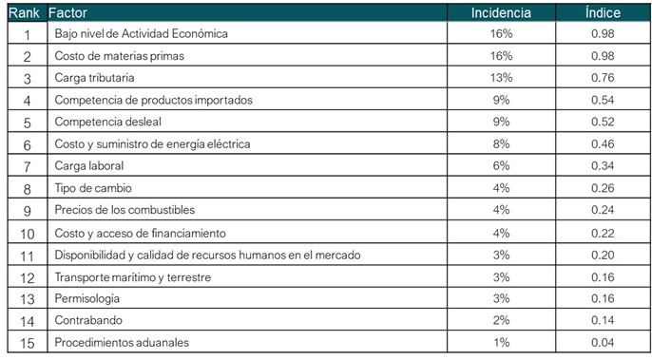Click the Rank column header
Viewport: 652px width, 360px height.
(24, 13)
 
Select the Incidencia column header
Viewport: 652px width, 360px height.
(501, 13)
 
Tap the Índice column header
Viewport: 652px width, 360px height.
(603, 12)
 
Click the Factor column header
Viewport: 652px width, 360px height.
(67, 13)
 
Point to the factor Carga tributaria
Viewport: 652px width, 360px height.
(94, 78)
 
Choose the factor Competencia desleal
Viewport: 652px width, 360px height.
(108, 122)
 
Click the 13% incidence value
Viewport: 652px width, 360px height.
(502, 78)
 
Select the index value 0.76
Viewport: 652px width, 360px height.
(603, 78)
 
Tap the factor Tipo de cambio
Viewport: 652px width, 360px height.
(93, 188)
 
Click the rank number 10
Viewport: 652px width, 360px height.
(28, 234)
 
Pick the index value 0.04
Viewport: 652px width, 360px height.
(603, 343)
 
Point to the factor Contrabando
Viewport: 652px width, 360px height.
(88, 320)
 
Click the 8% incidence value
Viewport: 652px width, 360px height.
(502, 143)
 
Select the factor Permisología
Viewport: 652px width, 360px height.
(87, 298)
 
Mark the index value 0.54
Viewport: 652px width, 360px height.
(603, 100)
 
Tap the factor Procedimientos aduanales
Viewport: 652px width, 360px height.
(122, 343)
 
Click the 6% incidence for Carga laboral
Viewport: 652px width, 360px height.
(502, 166)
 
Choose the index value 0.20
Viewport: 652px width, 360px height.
(603, 255)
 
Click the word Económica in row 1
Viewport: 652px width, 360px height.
(200, 33)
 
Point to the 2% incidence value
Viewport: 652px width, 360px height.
(502, 320)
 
